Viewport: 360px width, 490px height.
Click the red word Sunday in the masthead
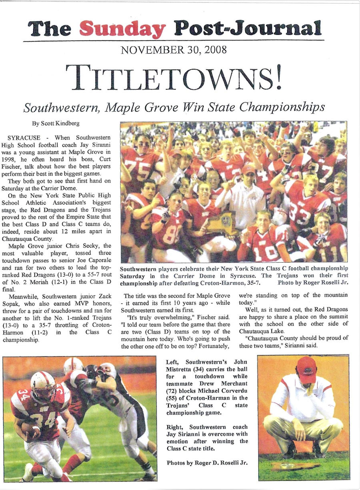pyautogui.click(x=122, y=29)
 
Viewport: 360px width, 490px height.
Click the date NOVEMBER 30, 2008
pyautogui.click(x=174, y=50)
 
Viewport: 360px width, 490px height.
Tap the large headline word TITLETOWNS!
pyautogui.click(x=174, y=78)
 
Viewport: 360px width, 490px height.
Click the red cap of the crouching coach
pyautogui.click(x=306, y=369)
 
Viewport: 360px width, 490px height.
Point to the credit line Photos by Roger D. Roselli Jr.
pyautogui.click(x=206, y=463)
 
